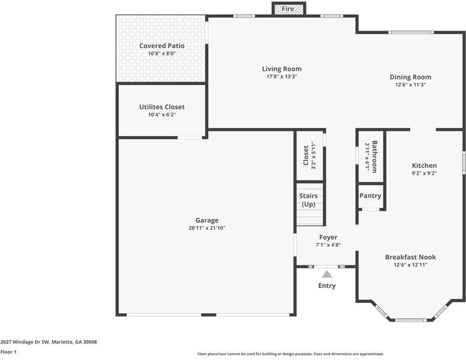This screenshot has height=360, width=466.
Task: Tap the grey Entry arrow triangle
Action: click(x=327, y=274)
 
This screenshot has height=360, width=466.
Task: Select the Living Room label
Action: click(x=282, y=69)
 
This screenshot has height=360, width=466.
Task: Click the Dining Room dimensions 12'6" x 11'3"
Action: click(x=410, y=85)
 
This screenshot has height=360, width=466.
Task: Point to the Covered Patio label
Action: click(x=162, y=46)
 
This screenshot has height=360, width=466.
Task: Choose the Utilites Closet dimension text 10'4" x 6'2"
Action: click(x=162, y=115)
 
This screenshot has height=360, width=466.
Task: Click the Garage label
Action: click(x=207, y=220)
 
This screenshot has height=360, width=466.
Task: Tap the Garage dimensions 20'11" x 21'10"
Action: click(x=207, y=228)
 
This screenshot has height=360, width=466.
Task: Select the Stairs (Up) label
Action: click(x=309, y=200)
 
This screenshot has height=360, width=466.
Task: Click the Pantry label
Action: click(x=371, y=196)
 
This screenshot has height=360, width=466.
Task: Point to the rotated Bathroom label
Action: click(x=375, y=157)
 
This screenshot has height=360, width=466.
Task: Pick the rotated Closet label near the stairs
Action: click(x=306, y=155)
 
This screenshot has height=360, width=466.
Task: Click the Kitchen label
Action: click(x=424, y=166)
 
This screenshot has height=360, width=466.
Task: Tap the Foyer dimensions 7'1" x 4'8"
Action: click(x=328, y=245)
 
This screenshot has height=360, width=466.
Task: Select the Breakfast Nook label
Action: click(x=410, y=257)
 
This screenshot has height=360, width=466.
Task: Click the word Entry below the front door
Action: click(x=327, y=286)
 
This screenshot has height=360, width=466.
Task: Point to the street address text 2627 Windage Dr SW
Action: click(x=25, y=342)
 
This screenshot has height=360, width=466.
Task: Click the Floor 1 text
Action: click(x=8, y=352)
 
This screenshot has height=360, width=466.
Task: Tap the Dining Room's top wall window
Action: click(x=411, y=32)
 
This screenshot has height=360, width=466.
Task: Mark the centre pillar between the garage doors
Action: click(x=208, y=314)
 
